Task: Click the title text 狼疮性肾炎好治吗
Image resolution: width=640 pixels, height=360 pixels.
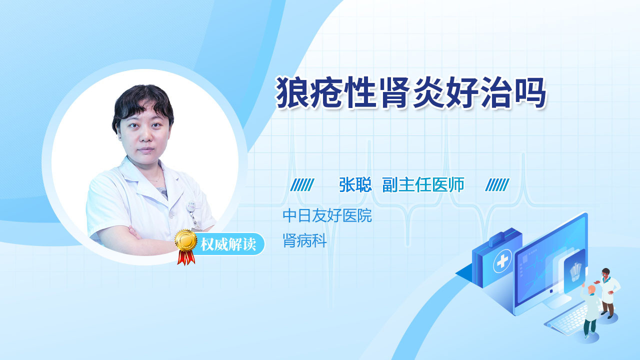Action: [410, 92]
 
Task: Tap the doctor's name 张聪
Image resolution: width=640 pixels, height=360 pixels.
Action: [355, 184]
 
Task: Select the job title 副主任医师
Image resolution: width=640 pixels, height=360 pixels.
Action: [423, 184]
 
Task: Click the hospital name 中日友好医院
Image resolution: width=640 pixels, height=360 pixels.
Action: [327, 215]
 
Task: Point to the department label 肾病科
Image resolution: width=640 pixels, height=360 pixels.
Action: [304, 240]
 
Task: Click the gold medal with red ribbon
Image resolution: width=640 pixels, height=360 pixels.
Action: [186, 247]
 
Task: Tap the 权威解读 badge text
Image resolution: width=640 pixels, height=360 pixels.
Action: [228, 244]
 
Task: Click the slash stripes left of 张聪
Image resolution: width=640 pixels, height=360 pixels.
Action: [302, 185]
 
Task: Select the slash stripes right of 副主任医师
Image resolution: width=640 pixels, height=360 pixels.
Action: [497, 185]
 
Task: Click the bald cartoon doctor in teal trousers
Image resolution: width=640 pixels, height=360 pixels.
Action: [590, 311]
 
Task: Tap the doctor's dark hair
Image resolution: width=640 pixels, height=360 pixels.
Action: [142, 103]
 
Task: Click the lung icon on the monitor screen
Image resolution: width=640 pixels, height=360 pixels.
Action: [575, 272]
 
